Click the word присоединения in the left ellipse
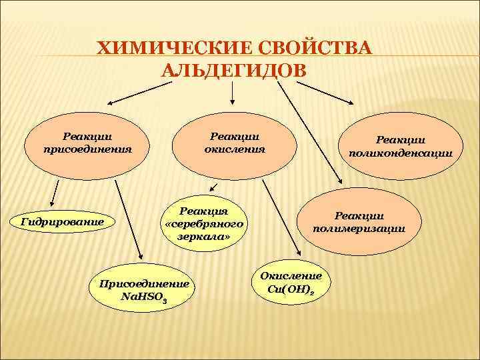point(87,149)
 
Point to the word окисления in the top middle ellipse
point(235,149)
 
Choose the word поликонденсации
point(400,153)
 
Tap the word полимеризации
point(359,228)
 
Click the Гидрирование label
point(63,221)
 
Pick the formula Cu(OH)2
point(291,289)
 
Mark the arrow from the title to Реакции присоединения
point(140,92)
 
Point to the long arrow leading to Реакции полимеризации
point(308,133)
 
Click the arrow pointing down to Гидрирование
point(55,193)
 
